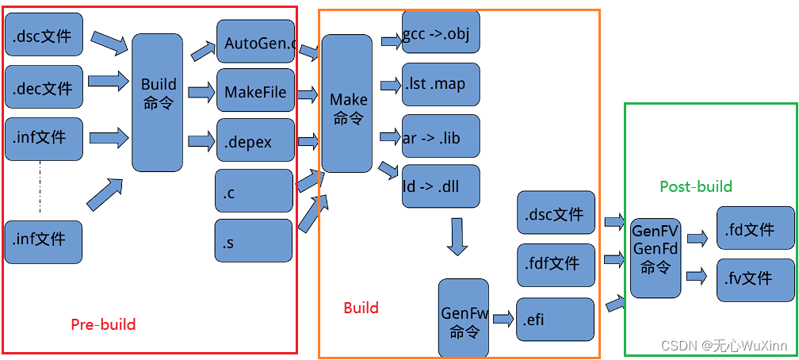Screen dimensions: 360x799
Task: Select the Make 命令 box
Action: pyautogui.click(x=347, y=104)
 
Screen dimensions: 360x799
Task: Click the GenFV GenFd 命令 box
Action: pyautogui.click(x=655, y=249)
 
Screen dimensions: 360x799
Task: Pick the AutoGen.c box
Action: pyautogui.click(x=255, y=43)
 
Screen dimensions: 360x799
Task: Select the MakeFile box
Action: pyautogui.click(x=254, y=92)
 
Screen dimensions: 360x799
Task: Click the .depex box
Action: pyautogui.click(x=254, y=142)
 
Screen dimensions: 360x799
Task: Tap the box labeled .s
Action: pyautogui.click(x=254, y=241)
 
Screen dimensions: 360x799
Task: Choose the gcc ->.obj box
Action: pyautogui.click(x=441, y=33)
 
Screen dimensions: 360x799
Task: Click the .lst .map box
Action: pyautogui.click(x=441, y=84)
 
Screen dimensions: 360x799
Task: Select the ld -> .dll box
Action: pyautogui.click(x=441, y=186)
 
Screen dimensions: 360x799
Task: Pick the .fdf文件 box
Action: pyautogui.click(x=556, y=262)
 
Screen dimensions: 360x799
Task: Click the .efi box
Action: pyautogui.click(x=555, y=320)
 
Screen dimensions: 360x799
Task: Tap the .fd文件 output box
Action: pyautogui.click(x=755, y=230)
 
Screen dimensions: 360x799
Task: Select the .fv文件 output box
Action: pyautogui.click(x=755, y=279)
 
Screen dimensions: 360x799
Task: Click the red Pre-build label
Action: pyautogui.click(x=103, y=324)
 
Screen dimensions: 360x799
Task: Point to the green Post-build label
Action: pyautogui.click(x=696, y=186)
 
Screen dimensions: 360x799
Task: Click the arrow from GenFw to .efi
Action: pyautogui.click(x=503, y=319)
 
